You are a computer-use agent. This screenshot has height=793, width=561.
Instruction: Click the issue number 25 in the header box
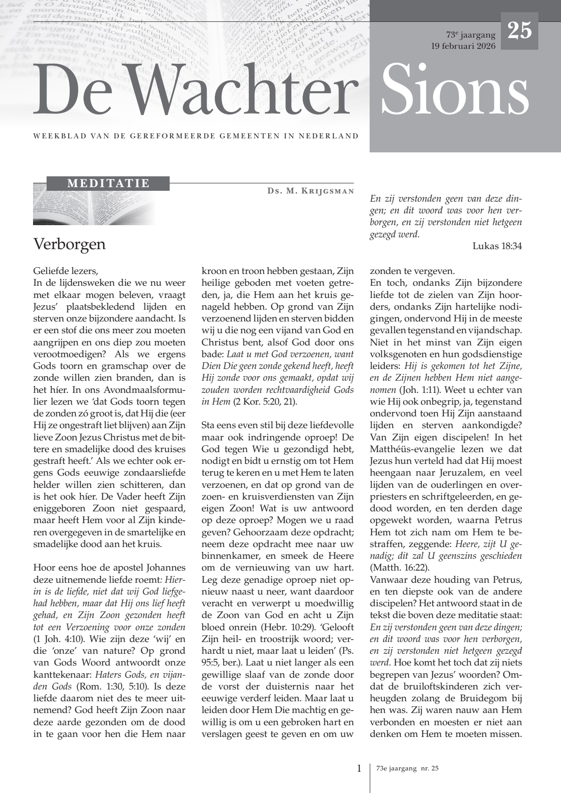(519, 31)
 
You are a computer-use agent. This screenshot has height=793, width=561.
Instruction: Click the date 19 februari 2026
(463, 46)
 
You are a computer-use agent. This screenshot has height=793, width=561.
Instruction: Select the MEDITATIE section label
(108, 184)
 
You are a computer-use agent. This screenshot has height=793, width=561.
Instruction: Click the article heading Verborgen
(69, 244)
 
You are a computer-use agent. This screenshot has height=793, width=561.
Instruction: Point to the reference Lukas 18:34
(497, 246)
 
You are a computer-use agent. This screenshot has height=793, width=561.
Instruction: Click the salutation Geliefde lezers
(65, 271)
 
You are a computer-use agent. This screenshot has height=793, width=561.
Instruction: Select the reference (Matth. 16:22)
(399, 568)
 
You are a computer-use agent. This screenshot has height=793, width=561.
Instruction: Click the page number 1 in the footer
(359, 768)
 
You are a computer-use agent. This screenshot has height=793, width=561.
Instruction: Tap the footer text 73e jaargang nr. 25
(407, 769)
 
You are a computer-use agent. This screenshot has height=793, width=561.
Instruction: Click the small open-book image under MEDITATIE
(90, 208)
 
